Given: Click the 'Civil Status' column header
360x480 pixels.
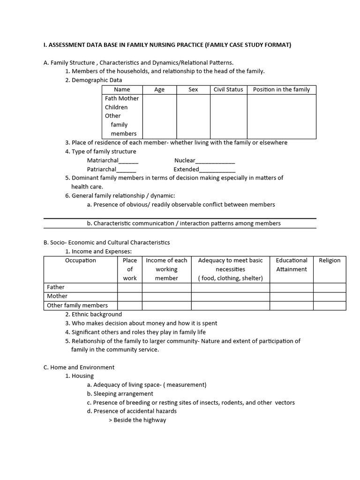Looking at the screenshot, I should pyautogui.click(x=228, y=90).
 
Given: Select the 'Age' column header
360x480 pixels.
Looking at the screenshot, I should pyautogui.click(x=159, y=90).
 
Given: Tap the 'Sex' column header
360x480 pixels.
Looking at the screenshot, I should pyautogui.click(x=193, y=90).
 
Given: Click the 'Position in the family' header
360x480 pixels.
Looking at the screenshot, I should pyautogui.click(x=281, y=90).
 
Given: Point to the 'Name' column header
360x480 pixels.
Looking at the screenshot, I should pyautogui.click(x=122, y=90).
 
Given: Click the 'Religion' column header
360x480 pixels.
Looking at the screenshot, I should pyautogui.click(x=330, y=261).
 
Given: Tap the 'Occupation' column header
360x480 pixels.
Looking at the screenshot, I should pyautogui.click(x=80, y=261).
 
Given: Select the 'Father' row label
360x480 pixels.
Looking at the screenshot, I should pyautogui.click(x=56, y=287).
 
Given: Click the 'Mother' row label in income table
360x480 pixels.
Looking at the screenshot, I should pyautogui.click(x=57, y=296).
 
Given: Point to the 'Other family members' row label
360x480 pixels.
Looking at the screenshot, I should pyautogui.click(x=77, y=306).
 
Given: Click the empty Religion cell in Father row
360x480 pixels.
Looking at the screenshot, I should pyautogui.click(x=330, y=287).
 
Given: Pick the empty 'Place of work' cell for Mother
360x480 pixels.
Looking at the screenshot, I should pyautogui.click(x=130, y=296).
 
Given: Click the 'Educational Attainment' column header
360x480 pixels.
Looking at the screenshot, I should pyautogui.click(x=292, y=265).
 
